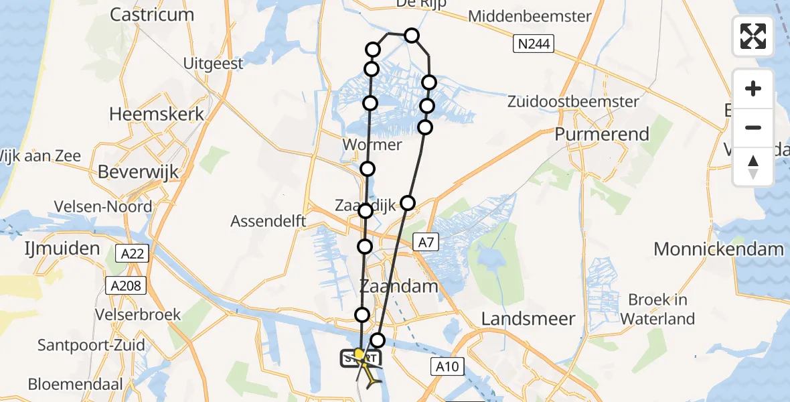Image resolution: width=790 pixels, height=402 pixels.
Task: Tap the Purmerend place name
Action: tap(602, 134)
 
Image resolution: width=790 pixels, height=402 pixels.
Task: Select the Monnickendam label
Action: tap(718, 250)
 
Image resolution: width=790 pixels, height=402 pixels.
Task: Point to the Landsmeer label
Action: tap(528, 319)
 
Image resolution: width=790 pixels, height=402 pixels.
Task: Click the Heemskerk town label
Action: tap(157, 114)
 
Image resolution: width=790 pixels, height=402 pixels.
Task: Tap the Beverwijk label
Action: tap(139, 172)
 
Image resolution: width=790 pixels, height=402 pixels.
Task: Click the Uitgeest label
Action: tap(214, 63)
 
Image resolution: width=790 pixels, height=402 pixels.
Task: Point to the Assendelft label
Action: tap(268, 221)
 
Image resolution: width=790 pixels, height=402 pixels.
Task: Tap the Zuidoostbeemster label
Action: tap(573, 103)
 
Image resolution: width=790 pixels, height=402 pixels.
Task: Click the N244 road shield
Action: tap(534, 45)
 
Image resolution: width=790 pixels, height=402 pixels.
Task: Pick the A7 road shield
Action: tap(425, 243)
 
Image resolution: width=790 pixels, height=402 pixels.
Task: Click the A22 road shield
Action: tap(131, 253)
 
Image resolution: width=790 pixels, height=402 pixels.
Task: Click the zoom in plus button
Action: tap(753, 88)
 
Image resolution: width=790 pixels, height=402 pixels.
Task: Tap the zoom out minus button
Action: tap(753, 127)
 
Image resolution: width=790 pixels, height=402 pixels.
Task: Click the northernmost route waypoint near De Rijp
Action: tap(412, 36)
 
